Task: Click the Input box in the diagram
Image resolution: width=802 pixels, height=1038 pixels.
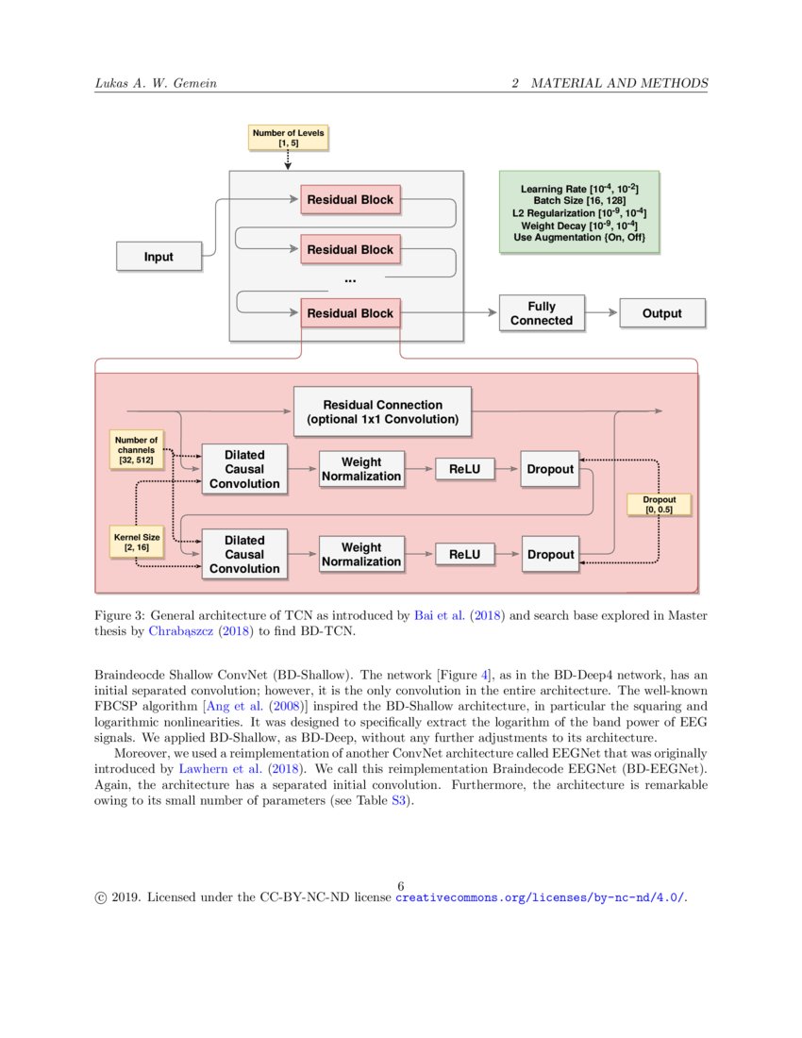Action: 159,257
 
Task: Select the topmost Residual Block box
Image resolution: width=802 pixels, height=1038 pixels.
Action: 350,200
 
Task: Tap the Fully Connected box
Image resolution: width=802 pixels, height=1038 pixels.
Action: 542,313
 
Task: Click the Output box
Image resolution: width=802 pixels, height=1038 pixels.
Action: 661,313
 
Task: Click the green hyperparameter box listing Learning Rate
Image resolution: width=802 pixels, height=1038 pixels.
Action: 579,213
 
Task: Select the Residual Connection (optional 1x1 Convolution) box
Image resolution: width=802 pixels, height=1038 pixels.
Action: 382,411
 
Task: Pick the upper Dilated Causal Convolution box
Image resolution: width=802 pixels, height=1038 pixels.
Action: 244,469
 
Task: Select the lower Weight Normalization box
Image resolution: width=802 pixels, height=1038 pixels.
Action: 361,554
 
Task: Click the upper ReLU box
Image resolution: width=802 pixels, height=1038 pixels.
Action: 464,469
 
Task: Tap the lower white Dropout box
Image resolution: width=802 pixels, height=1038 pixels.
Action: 550,554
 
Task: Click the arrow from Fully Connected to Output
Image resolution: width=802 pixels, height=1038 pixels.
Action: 601,313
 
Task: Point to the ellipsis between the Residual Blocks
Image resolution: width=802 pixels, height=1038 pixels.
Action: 350,280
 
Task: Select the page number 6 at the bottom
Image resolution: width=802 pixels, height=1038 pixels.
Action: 401,885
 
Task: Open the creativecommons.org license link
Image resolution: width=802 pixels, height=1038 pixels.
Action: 540,897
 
